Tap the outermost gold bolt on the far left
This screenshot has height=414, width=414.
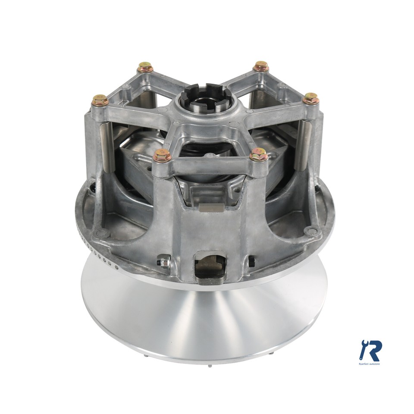tap(100, 100)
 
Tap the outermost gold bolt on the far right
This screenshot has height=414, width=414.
tap(310, 99)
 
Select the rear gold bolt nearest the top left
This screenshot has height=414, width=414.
tap(146, 68)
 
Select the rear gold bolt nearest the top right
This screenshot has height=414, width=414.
tap(261, 66)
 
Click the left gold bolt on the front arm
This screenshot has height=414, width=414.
tap(162, 155)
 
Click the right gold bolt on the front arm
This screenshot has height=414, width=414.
tap(259, 154)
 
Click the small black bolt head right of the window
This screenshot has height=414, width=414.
tap(251, 260)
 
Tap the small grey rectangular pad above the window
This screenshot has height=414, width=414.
tap(211, 207)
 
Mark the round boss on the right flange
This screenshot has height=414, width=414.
tap(310, 231)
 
